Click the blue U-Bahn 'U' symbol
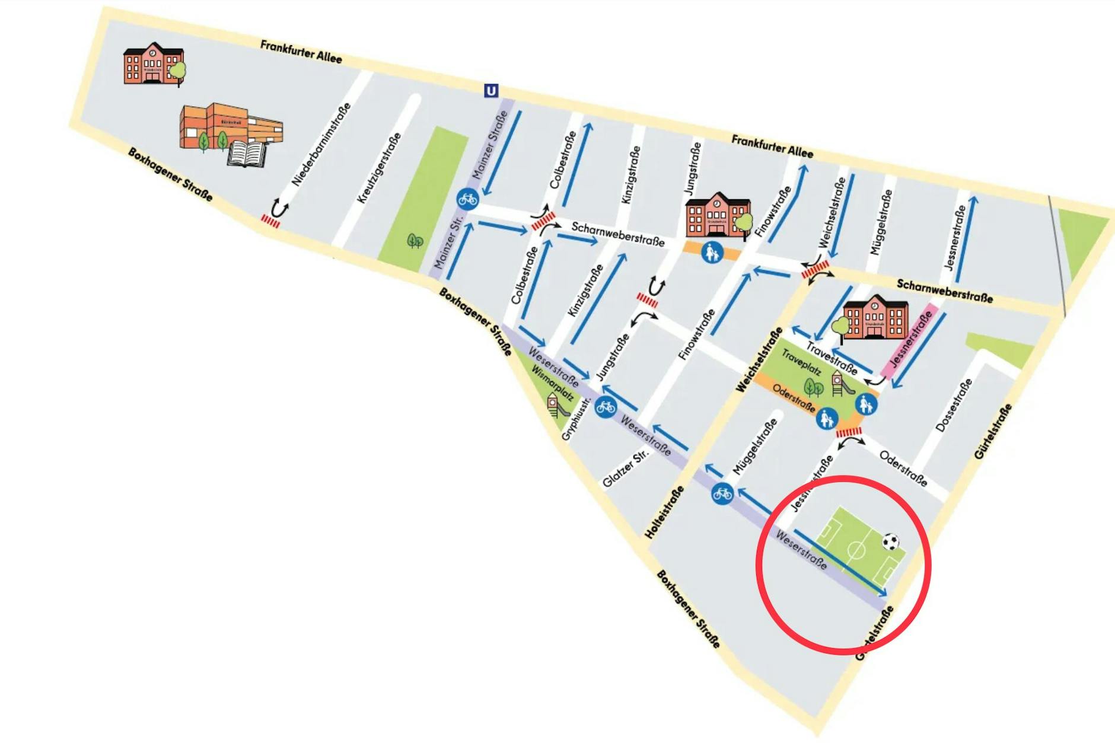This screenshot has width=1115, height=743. coord(491,91)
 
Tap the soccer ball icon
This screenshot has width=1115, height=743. coord(890,541)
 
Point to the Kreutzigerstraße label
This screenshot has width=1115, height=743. coord(379,168)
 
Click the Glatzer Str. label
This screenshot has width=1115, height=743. coord(626,468)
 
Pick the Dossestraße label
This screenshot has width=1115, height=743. coord(954,404)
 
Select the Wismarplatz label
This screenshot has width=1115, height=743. coord(552,382)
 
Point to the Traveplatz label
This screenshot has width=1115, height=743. coord(801,362)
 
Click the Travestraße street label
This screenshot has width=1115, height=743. coord(832,359)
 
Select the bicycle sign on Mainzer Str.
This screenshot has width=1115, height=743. coord(468,199)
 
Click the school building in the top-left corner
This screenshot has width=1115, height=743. coord(152,63)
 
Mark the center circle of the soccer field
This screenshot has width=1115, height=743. coord(856,550)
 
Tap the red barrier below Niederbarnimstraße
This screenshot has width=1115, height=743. coord(270,221)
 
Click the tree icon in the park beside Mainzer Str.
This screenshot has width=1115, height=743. coord(415,241)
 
